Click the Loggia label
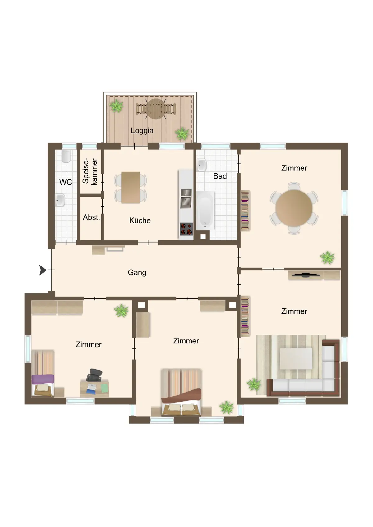coord(142,130)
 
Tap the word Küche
coord(140,220)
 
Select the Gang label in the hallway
coord(137,272)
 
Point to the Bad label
coord(220,176)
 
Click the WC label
coord(66,182)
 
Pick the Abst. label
coord(91,217)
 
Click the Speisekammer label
coord(90,172)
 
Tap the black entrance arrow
coord(43,270)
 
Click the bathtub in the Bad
coord(205,210)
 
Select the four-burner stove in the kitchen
coord(186,229)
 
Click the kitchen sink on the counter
coord(186,198)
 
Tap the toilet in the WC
coord(66,156)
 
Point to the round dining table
coord(294,208)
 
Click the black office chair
coord(95,375)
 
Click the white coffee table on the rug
coord(296,359)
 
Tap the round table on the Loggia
coord(156,109)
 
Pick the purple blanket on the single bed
coord(43,379)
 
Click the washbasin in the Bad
coord(201,165)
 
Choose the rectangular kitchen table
coord(131,187)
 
